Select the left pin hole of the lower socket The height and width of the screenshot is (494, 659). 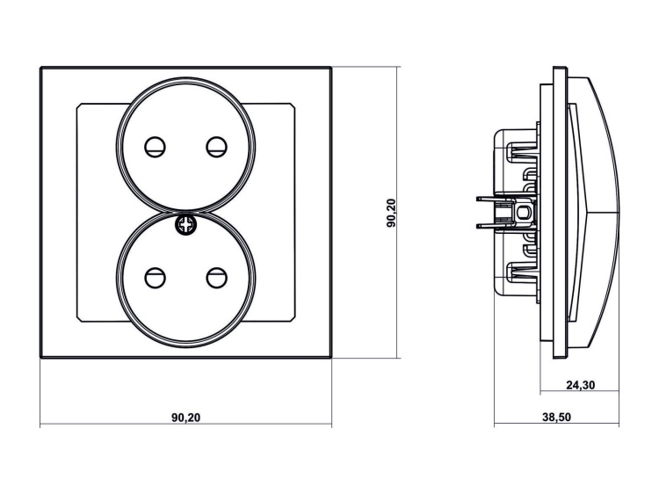(x=156, y=278)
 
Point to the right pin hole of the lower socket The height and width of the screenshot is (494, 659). (x=215, y=278)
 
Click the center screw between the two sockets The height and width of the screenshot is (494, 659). (x=186, y=224)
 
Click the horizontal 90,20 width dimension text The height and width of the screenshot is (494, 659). (x=186, y=417)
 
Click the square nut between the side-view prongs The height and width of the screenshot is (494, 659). (x=525, y=212)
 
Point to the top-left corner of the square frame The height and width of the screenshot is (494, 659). (x=41, y=67)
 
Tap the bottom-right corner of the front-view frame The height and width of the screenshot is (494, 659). (x=330, y=357)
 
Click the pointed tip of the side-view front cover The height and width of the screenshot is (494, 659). (x=622, y=212)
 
